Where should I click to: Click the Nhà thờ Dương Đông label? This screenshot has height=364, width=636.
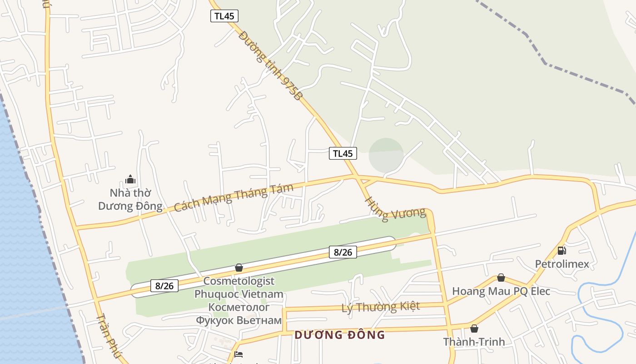pos(130,200)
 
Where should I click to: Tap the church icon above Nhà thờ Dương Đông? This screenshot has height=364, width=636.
pos(130,179)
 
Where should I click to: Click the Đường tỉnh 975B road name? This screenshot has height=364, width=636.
pos(270,66)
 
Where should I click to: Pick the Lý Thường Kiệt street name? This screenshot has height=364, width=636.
pos(381,307)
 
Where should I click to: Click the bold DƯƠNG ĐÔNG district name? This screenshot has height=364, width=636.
pos(339,335)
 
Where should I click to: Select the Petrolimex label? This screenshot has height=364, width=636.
pos(562,264)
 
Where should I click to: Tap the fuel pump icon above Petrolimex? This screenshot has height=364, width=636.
pos(561,250)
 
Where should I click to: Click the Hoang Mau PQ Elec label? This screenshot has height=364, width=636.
pos(501,291)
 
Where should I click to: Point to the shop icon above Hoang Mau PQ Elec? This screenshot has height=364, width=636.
pos(501,278)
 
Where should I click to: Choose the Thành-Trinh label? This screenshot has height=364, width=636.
pos(474,342)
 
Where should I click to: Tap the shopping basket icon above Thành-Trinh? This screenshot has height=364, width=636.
pos(474,329)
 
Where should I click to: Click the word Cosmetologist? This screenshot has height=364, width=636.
pos(238,281)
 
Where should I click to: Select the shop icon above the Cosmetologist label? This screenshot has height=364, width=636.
pos(239,268)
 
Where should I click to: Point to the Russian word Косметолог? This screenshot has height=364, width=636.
pos(238,307)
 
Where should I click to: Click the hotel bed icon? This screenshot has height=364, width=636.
pos(238,354)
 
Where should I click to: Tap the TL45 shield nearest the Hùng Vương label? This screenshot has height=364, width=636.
pos(343,153)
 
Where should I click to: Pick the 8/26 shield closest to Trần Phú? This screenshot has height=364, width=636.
pos(164,286)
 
